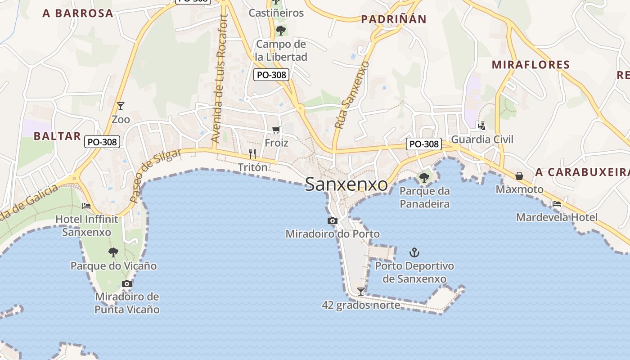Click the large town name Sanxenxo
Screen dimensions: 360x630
[x=346, y=184]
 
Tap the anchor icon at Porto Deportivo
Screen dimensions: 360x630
[x=414, y=252]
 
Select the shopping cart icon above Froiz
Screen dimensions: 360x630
[x=276, y=130]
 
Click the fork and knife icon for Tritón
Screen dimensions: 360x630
[x=252, y=154]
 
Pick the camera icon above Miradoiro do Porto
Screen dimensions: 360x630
[x=333, y=220]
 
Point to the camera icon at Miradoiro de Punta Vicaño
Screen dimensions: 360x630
[x=127, y=283]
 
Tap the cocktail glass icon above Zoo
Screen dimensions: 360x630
[x=120, y=106]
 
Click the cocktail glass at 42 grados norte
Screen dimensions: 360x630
[x=360, y=291]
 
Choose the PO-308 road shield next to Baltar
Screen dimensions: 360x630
[x=102, y=142]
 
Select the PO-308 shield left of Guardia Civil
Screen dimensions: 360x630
[x=423, y=144]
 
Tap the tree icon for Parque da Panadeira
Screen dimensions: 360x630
[x=424, y=177]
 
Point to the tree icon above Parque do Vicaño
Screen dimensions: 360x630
[x=113, y=252]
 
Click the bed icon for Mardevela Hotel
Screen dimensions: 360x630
[x=557, y=204]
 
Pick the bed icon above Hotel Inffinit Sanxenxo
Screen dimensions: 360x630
[x=86, y=206]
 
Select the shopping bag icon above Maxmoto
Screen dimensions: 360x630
[x=519, y=175]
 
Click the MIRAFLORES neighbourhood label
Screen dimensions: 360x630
[x=531, y=65]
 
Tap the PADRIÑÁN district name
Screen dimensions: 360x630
[x=393, y=19]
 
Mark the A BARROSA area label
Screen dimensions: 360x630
[x=78, y=13]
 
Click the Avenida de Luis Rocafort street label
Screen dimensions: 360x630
[x=220, y=79]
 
